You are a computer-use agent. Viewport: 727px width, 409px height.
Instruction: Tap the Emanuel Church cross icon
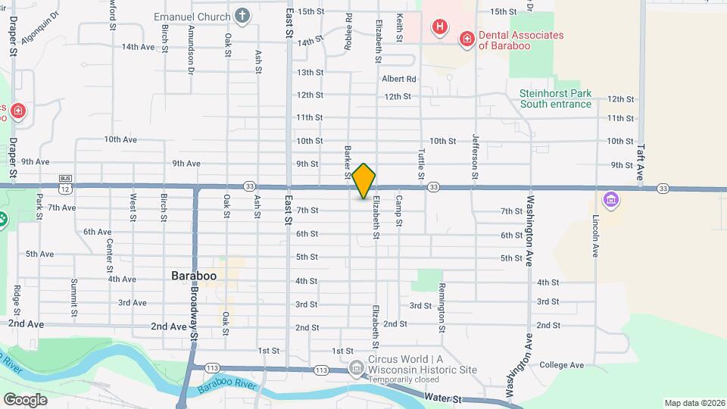[x=242, y=15]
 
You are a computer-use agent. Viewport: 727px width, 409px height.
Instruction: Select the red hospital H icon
[x=438, y=28]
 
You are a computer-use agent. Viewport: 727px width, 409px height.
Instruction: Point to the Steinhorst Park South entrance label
[x=555, y=98]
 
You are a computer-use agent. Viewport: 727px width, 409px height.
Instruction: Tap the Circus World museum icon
[x=356, y=368]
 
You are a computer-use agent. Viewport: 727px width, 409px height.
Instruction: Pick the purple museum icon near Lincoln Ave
[x=610, y=201]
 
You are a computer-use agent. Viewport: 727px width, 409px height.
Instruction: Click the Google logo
[x=25, y=399]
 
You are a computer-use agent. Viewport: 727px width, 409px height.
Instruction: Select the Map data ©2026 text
[x=693, y=403]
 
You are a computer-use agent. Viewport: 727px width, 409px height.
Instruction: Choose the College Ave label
[x=561, y=365]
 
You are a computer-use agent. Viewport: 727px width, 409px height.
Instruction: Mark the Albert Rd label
[x=399, y=79]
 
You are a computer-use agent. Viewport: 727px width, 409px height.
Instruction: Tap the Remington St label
[x=441, y=308]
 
